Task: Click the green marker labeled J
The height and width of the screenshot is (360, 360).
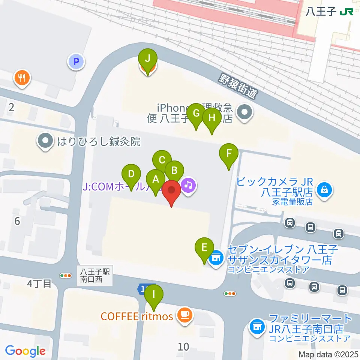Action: point(148,59)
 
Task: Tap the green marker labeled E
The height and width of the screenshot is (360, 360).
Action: point(204,247)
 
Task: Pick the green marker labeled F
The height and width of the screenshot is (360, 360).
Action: point(229,153)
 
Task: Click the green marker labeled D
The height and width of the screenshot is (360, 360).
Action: point(131,174)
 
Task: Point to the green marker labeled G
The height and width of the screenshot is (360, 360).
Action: point(196,112)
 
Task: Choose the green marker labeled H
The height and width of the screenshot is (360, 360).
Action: point(212,118)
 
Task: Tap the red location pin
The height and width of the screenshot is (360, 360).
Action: point(172,189)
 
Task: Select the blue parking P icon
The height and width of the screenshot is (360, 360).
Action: point(76,61)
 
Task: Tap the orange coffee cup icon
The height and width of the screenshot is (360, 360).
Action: point(184,314)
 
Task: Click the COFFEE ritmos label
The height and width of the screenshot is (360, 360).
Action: point(137,316)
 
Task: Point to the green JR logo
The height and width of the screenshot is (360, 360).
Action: point(346,12)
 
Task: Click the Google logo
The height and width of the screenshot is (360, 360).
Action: point(25,351)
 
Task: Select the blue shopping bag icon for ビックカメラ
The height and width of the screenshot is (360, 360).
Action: point(323,190)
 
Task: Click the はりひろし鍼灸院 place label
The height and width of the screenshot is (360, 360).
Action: point(98,142)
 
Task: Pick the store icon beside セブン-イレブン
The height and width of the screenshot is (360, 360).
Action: point(216,258)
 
